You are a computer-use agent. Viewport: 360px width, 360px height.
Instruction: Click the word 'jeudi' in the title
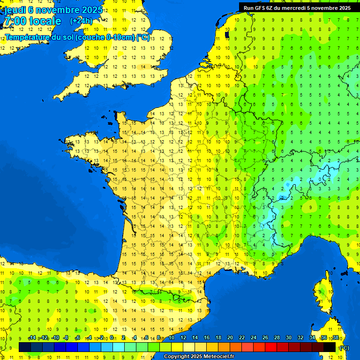click(15, 9)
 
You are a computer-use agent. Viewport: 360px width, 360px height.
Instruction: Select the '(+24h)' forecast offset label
click(81, 21)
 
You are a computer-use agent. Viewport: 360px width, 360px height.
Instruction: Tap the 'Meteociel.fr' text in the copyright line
click(218, 357)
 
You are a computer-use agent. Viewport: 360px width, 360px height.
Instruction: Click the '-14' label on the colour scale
click(32, 338)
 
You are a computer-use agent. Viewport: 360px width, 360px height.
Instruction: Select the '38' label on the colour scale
click(335, 338)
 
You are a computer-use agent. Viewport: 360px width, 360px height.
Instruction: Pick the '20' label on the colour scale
click(230, 338)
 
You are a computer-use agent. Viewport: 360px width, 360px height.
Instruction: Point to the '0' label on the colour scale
click(112, 338)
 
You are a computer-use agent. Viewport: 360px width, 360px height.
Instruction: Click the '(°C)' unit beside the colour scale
click(344, 347)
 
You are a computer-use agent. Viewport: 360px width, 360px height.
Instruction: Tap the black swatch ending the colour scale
click(330, 347)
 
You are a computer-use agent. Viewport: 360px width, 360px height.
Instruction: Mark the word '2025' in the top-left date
click(82, 9)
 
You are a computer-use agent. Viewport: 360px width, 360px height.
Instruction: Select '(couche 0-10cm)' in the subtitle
click(105, 37)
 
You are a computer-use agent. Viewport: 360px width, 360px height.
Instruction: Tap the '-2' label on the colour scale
click(100, 338)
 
